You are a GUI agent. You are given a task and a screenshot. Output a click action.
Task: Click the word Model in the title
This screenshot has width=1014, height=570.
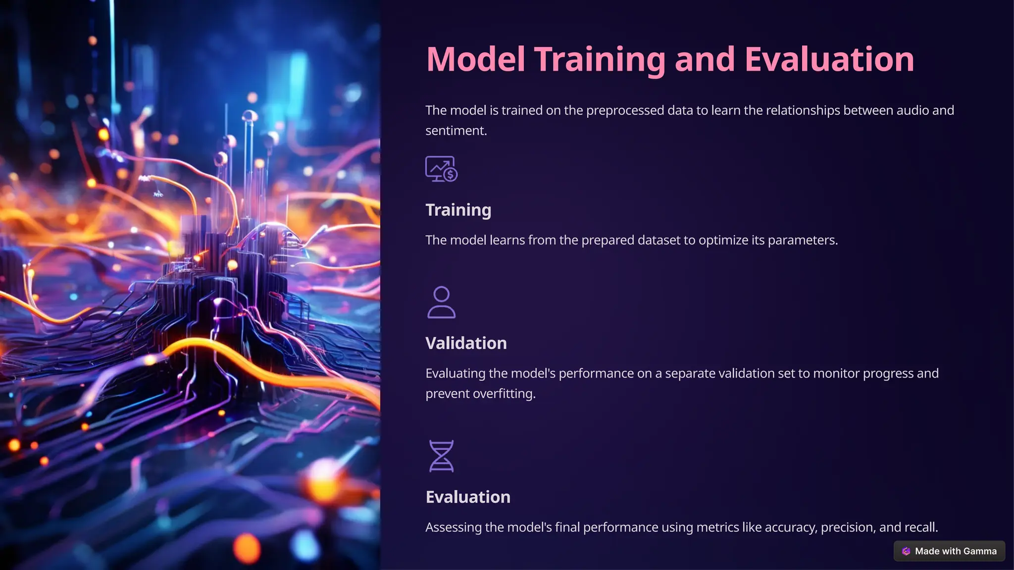475,59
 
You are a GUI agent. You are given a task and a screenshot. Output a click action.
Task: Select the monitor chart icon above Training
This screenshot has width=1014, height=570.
441,169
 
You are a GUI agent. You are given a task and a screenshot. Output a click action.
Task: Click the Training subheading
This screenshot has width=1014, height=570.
458,210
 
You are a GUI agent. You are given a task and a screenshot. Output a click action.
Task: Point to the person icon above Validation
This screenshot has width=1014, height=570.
441,302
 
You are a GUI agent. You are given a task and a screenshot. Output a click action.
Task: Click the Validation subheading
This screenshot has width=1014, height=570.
466,343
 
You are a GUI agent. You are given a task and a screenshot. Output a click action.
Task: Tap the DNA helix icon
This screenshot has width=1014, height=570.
441,456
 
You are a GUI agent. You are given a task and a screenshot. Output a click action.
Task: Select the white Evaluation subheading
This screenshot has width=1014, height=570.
468,497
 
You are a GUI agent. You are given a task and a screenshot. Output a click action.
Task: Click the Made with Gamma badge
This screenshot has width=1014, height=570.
949,551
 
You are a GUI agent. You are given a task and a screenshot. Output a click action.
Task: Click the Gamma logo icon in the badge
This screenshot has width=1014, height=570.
906,551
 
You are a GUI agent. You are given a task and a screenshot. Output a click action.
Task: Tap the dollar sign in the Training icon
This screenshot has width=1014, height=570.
450,175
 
